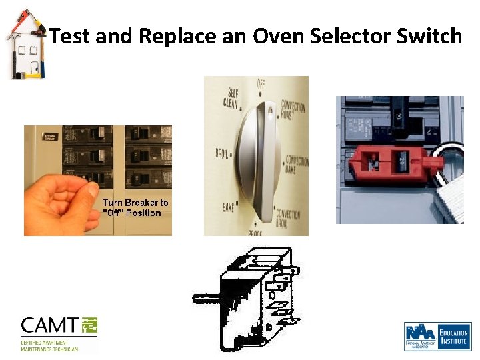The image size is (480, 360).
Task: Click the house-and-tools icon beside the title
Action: (x=25, y=46)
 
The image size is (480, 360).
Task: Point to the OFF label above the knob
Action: (x=261, y=83)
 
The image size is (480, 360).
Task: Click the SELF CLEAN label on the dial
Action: (x=233, y=98)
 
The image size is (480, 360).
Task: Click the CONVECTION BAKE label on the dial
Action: (x=297, y=165)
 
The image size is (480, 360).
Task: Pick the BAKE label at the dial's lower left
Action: (x=230, y=207)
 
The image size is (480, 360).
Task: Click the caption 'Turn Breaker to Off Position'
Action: (x=135, y=207)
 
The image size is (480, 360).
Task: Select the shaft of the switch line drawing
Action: (x=207, y=297)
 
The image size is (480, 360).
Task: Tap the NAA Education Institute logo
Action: (x=437, y=336)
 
